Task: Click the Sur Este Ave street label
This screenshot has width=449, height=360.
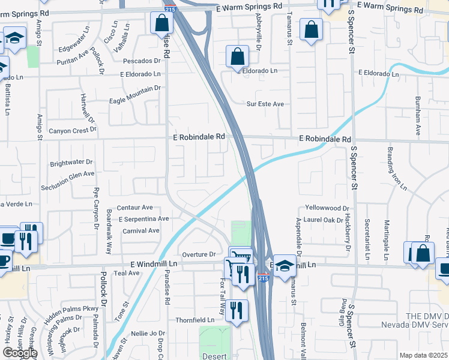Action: pyautogui.click(x=265, y=104)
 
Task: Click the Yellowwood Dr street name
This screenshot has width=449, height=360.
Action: pyautogui.click(x=327, y=208)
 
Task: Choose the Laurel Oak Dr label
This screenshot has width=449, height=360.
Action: pyautogui.click(x=327, y=220)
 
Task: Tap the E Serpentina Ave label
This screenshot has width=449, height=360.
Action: pyautogui.click(x=143, y=219)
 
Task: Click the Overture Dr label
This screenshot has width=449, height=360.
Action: pyautogui.click(x=199, y=254)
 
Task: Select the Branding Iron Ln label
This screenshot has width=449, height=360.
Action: pyautogui.click(x=396, y=169)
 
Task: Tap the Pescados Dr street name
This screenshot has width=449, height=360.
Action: pyautogui.click(x=142, y=61)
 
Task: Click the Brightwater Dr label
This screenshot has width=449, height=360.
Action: pyautogui.click(x=71, y=163)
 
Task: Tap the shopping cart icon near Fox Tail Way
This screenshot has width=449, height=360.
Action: pyautogui.click(x=240, y=256)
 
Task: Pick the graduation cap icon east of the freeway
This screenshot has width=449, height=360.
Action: pyautogui.click(x=285, y=265)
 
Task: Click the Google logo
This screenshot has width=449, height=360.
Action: pyautogui.click(x=20, y=353)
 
